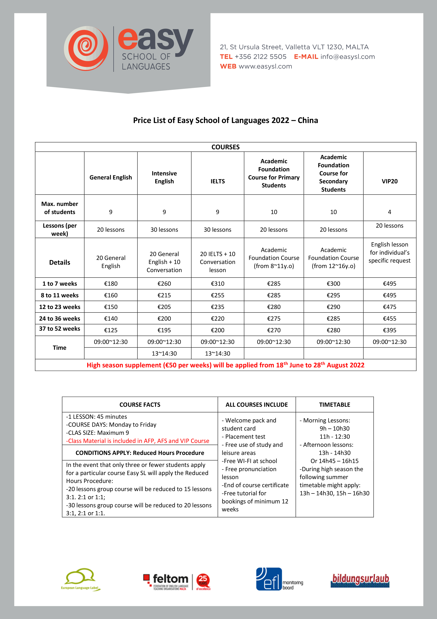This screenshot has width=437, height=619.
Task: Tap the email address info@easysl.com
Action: [347, 57]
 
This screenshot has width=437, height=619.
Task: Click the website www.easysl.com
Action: [265, 67]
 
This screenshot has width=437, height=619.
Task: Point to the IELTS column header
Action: [218, 181]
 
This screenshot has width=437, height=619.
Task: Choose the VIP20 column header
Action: [389, 181]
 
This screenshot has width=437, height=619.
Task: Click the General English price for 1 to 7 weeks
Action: [111, 284]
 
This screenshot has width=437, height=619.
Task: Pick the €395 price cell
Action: [389, 330]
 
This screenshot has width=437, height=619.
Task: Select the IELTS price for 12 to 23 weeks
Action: [218, 307]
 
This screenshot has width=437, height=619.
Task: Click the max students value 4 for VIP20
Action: [389, 212]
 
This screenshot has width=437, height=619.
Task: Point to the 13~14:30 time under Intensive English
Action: [164, 353]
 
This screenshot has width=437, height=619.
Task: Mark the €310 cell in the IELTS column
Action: [218, 284]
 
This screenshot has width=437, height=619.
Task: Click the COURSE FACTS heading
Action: [140, 405]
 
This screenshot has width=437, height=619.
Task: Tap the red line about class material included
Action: [138, 441]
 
